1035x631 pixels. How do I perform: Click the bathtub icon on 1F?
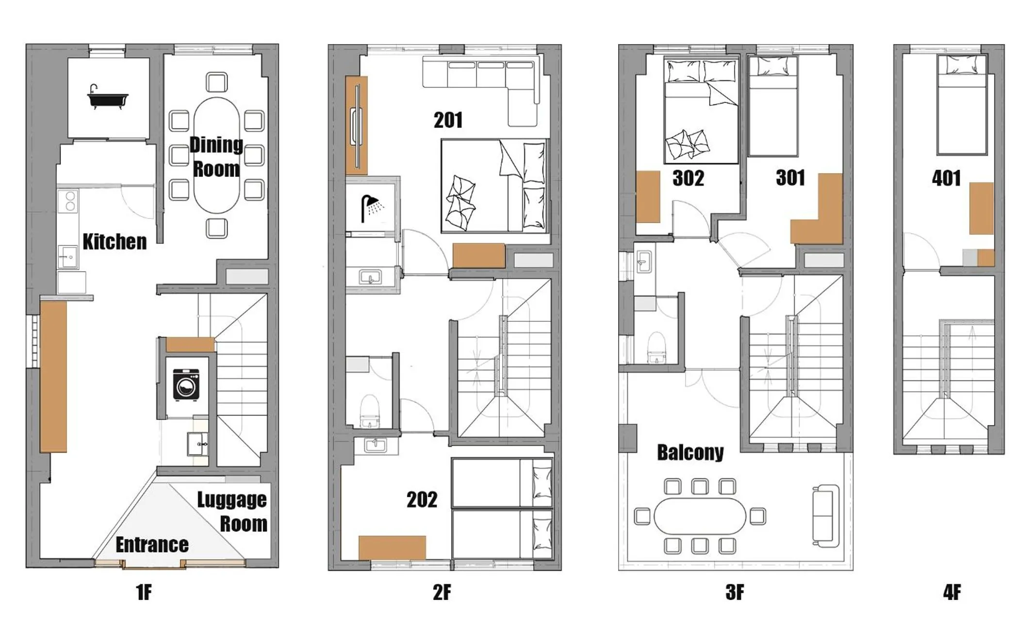108,97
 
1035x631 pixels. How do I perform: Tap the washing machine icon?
186,385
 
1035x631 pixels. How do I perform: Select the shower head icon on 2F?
372,208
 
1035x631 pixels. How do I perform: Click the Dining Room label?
216,157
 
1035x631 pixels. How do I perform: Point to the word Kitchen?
115,242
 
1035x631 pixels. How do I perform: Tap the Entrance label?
152,545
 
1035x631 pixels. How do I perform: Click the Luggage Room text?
232,512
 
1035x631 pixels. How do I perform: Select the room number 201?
448,120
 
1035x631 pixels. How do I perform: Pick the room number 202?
422,499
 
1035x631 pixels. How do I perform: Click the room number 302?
688,178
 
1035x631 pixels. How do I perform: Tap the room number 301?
790,178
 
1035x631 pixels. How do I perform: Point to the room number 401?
946,178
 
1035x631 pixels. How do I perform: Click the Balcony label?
690,452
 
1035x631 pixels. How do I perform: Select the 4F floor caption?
952,592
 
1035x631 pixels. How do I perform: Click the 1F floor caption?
144,592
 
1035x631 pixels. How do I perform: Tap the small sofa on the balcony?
825,515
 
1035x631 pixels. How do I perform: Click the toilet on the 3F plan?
657,347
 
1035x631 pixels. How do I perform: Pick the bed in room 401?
962,105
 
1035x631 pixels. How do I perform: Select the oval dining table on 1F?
216,155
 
